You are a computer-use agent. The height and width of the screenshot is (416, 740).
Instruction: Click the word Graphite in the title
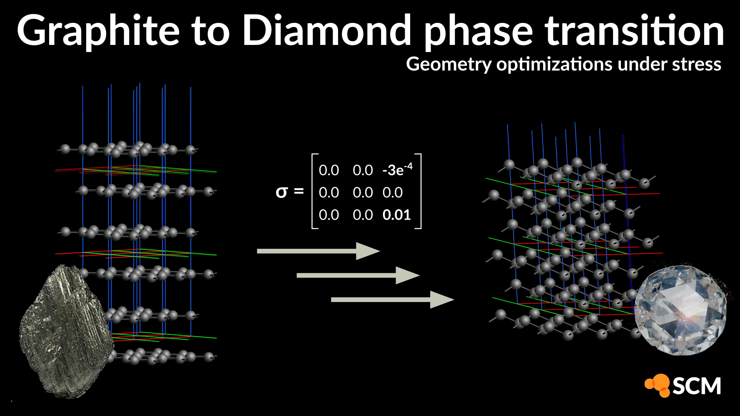(98, 31)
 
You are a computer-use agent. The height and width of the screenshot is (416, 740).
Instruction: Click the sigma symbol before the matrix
(282, 192)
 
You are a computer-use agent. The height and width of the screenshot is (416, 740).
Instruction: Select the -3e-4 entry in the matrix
(397, 169)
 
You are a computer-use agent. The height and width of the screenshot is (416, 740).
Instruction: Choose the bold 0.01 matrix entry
(396, 215)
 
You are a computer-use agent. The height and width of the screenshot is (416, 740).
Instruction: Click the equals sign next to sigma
(299, 191)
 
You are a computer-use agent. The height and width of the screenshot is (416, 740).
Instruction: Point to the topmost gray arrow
(318, 251)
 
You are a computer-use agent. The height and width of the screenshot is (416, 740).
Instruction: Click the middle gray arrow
(358, 275)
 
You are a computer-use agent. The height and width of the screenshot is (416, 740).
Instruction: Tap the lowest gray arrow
(392, 299)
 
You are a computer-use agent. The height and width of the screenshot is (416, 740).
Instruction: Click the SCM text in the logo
(696, 386)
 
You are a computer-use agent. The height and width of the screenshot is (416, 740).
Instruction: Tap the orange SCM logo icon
(658, 385)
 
